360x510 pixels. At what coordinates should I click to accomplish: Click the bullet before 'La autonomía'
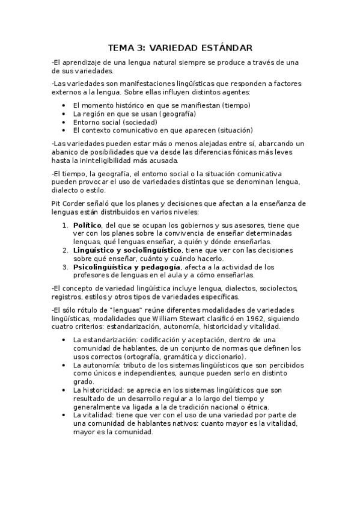pyautogui.click(x=64, y=365)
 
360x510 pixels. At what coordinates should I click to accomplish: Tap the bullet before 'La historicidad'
pyautogui.click(x=64, y=390)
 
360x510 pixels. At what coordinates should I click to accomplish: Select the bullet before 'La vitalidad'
pyautogui.click(x=64, y=415)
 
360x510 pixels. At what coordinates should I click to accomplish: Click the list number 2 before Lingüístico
pyautogui.click(x=65, y=250)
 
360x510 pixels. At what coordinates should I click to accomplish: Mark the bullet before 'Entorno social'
pyautogui.click(x=64, y=121)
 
